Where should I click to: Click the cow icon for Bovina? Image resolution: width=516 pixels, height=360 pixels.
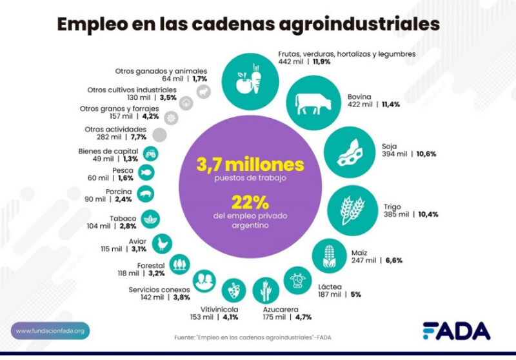(312, 102)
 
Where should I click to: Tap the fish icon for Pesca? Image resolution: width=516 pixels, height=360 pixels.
(147, 172)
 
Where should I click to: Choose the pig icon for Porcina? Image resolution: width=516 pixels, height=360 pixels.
(146, 193)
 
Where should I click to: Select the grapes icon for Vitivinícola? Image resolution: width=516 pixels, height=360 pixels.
(232, 289)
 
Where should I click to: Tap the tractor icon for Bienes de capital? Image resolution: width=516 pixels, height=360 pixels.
(152, 154)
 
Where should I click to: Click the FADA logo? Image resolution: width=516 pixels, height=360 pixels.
(456, 330)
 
